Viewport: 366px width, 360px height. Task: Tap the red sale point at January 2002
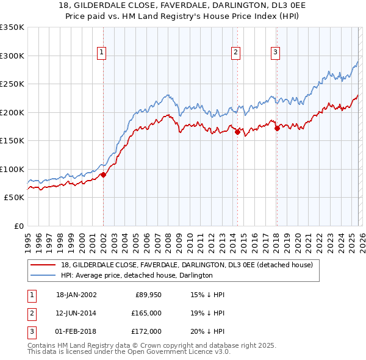coord(103,175)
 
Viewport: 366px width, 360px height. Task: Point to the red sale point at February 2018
coord(276,128)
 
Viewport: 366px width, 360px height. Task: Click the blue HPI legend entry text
coord(136,275)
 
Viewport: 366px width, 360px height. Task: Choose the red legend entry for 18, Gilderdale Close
coord(187,265)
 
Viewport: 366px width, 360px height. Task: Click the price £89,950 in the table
coord(147,295)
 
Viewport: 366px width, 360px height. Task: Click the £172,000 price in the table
coord(146,331)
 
